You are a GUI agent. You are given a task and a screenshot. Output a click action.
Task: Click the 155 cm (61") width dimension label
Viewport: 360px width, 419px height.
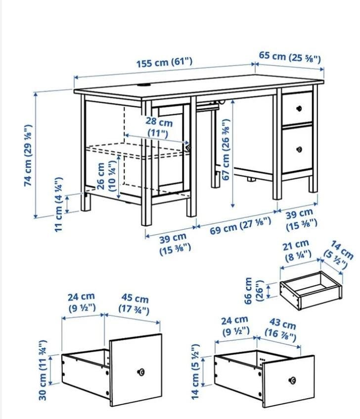[165, 63]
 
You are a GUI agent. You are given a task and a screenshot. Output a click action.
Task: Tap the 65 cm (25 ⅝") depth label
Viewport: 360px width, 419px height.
[290, 57]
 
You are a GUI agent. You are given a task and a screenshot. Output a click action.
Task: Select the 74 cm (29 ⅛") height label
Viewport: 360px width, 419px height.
[28, 155]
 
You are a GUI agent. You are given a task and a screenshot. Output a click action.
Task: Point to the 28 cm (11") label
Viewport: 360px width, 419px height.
[159, 127]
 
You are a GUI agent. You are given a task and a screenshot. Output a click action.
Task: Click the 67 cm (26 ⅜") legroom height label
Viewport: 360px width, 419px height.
[226, 150]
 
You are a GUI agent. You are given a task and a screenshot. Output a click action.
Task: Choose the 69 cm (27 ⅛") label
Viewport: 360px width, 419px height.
[240, 226]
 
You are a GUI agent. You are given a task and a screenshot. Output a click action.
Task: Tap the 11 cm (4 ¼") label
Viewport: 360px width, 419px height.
[59, 205]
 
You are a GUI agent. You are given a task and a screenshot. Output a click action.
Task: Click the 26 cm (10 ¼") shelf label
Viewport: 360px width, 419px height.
[106, 176]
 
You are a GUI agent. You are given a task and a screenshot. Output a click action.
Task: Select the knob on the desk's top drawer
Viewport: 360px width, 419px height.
[299, 109]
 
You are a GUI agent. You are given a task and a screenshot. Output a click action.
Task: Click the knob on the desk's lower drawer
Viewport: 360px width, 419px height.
[299, 149]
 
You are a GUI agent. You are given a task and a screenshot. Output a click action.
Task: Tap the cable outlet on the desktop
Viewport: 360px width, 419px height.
[144, 85]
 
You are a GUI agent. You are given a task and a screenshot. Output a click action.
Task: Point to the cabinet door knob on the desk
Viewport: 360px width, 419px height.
[189, 148]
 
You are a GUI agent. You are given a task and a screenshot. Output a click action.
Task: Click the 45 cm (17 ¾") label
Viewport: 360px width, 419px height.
[134, 303]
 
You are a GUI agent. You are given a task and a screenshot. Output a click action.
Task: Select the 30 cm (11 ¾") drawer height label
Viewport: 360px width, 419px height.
[43, 370]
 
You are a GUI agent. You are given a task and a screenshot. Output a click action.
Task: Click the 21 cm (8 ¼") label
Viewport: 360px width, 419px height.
[296, 251]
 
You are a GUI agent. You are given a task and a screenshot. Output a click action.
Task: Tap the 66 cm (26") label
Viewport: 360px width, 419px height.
[254, 291]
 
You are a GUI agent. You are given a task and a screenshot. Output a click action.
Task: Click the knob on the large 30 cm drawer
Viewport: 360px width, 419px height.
[140, 372]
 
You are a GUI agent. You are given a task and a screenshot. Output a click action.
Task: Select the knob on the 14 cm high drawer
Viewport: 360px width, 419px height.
[293, 380]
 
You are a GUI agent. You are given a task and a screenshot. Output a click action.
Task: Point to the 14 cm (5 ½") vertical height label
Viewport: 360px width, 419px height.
[195, 372]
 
